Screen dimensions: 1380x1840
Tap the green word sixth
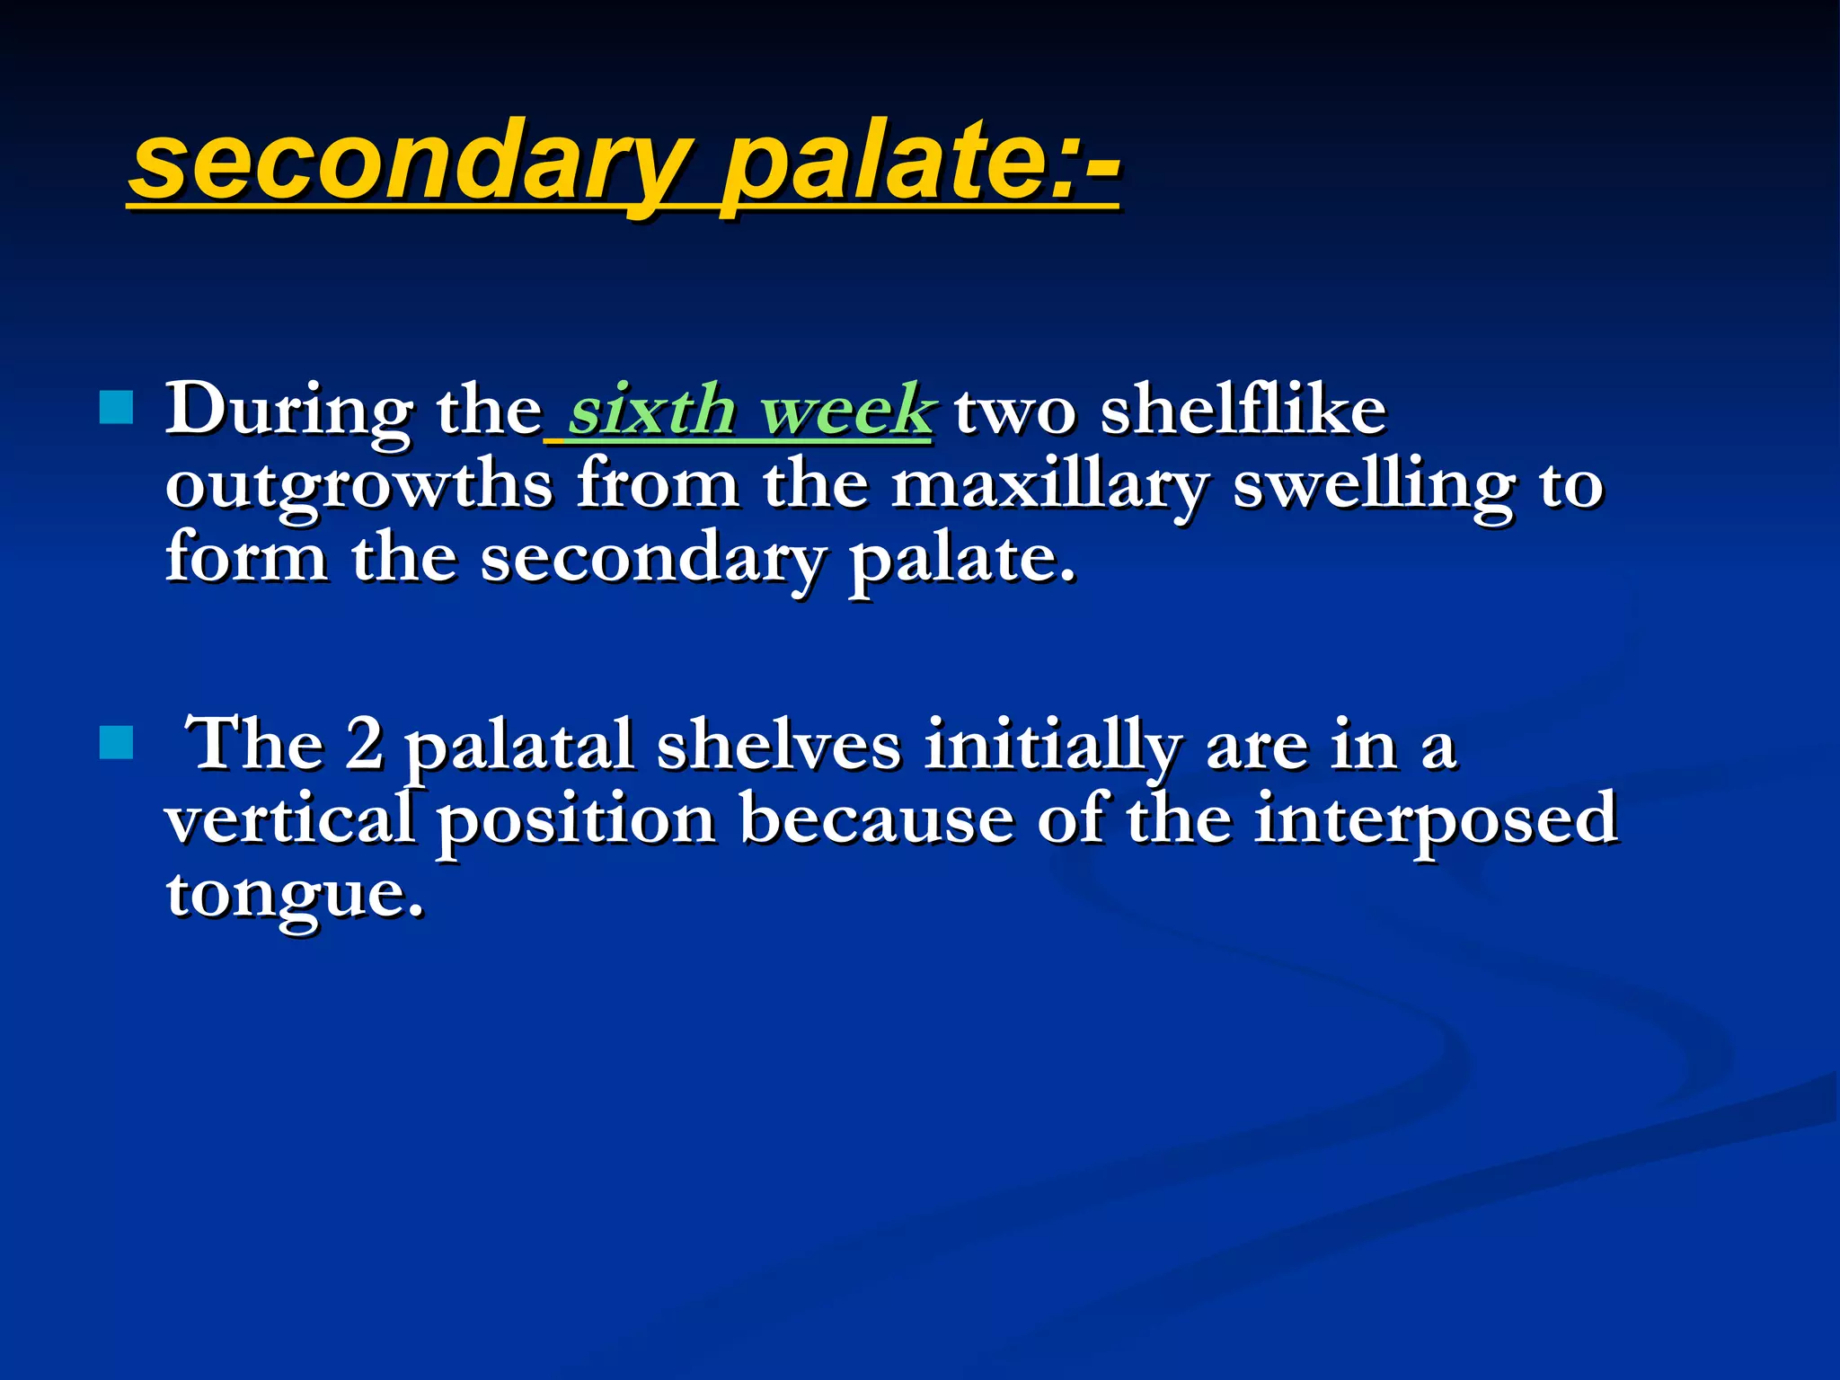coord(652,411)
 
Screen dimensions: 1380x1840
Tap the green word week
coord(845,411)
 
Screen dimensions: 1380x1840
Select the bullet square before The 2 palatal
coord(117,742)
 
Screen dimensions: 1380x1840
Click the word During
coord(289,411)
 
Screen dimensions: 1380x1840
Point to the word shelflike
coord(1243,411)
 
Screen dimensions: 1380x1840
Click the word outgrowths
coord(359,486)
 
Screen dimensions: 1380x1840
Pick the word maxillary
coord(1049,486)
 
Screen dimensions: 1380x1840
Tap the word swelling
coord(1374,486)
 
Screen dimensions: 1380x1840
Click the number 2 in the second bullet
coord(364,745)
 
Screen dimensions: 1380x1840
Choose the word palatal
coord(519,747)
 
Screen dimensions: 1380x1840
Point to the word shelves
coord(778,745)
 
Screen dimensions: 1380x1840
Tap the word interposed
coord(1435,819)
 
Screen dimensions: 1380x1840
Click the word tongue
coord(294,895)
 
